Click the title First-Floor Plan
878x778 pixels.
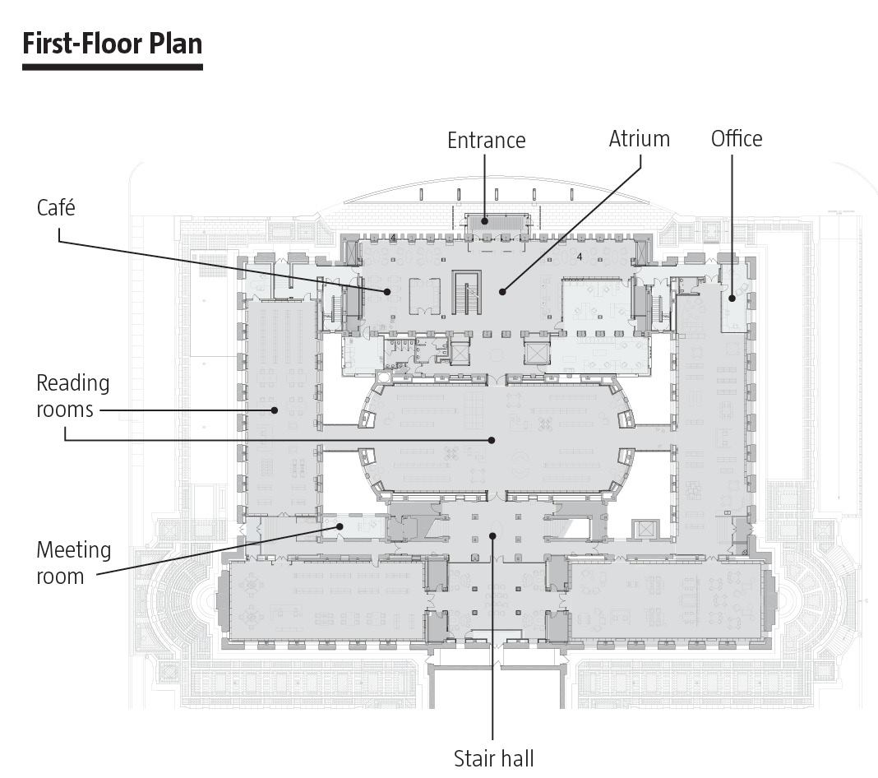[x=112, y=43]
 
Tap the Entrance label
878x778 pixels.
[x=486, y=141]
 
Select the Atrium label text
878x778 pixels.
[x=639, y=139]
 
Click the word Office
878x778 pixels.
[x=736, y=139]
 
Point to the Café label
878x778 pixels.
[x=56, y=208]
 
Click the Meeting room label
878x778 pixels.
[x=73, y=563]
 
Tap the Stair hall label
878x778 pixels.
[x=493, y=757]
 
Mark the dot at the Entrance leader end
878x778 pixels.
[x=484, y=220]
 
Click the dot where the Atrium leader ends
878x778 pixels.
[x=502, y=290]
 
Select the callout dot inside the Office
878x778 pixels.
[x=732, y=298]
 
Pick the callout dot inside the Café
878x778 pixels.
[x=386, y=291]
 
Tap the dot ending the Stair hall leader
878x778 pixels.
[x=492, y=535]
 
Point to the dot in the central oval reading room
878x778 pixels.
[x=492, y=440]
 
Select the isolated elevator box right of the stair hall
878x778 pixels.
[x=642, y=528]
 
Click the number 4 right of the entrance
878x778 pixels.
[x=579, y=257]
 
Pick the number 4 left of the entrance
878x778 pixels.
[x=393, y=238]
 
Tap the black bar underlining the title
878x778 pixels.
[x=112, y=66]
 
